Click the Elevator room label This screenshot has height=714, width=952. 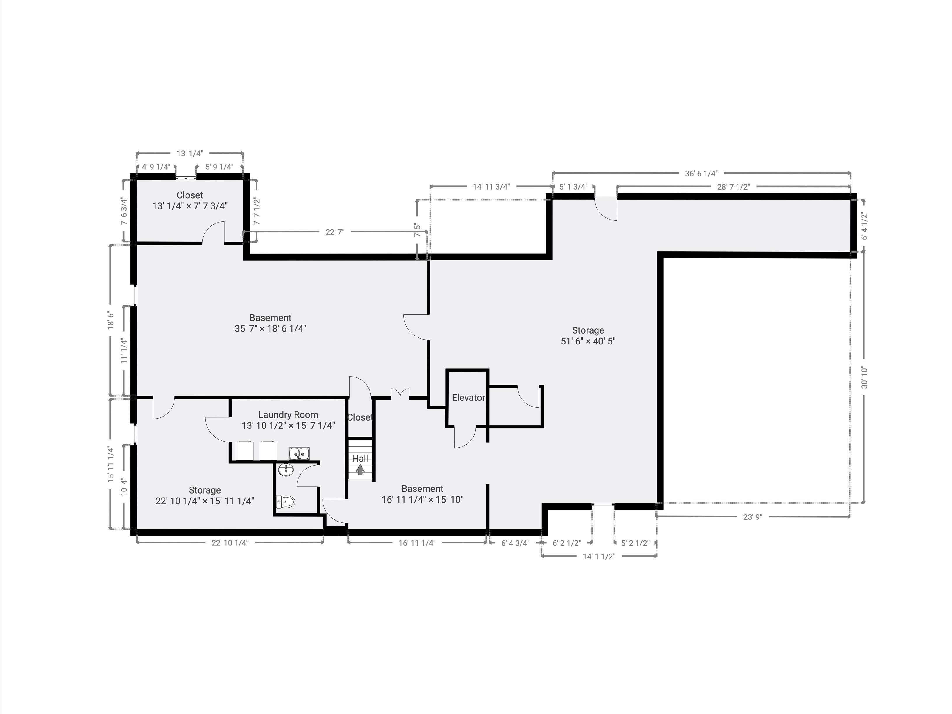click(468, 398)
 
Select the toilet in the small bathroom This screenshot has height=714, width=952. click(285, 501)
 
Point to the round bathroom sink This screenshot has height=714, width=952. click(286, 470)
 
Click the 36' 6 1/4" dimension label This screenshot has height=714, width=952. click(701, 174)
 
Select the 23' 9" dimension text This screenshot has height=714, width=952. click(753, 517)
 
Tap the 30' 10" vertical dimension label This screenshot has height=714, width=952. click(864, 377)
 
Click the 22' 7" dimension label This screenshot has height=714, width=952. click(335, 232)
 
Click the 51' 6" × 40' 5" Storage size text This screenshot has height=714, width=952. click(588, 341)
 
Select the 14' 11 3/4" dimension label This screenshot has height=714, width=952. click(491, 187)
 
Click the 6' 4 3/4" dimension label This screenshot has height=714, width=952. click(515, 543)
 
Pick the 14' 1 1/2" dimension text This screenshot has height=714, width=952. click(599, 556)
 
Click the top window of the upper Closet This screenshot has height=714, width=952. click(186, 176)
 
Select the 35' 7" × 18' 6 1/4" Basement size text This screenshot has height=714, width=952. click(270, 329)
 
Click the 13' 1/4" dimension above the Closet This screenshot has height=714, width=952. click(190, 153)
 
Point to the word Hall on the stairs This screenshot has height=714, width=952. click(360, 459)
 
